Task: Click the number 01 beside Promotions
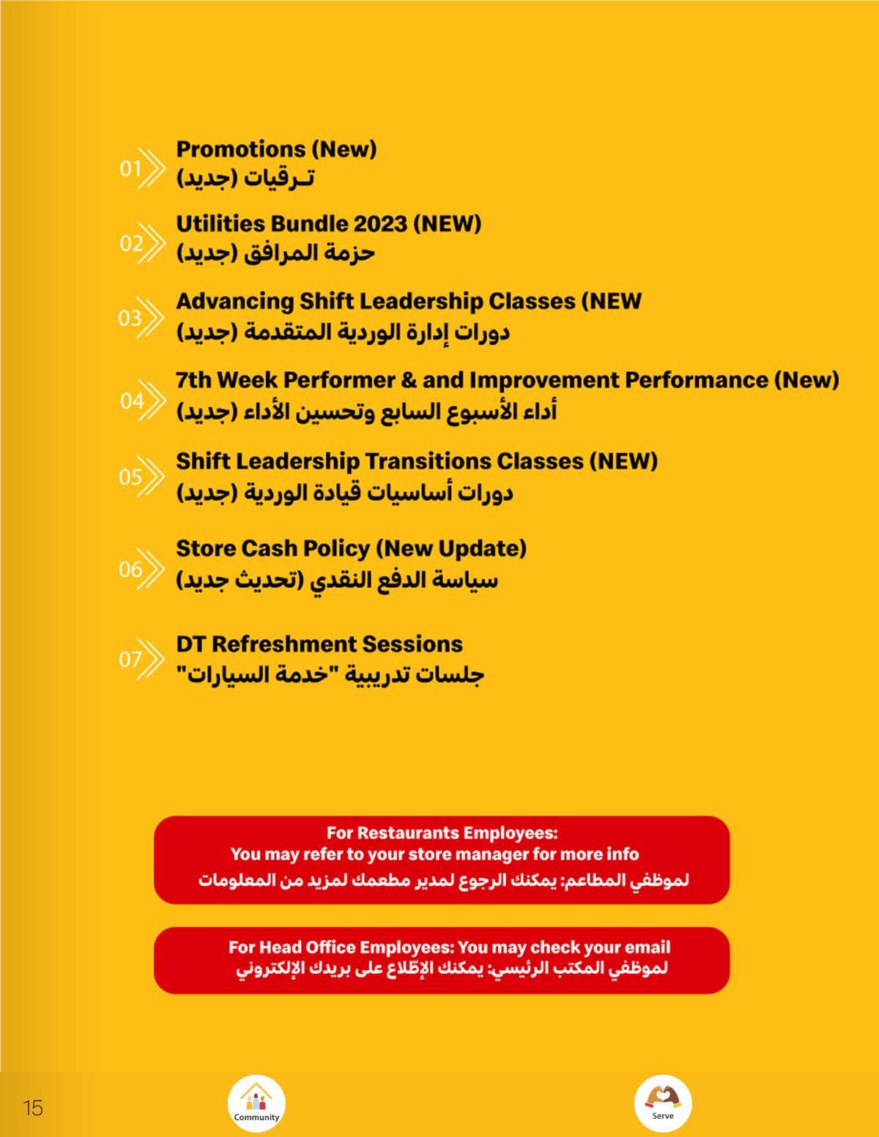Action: click(x=130, y=169)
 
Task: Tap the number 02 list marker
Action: click(x=131, y=243)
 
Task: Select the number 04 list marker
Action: click(x=132, y=401)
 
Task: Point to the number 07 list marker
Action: click(x=130, y=660)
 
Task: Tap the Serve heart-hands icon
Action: click(x=663, y=1097)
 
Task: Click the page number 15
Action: click(x=33, y=1108)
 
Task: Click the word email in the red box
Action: click(x=648, y=947)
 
